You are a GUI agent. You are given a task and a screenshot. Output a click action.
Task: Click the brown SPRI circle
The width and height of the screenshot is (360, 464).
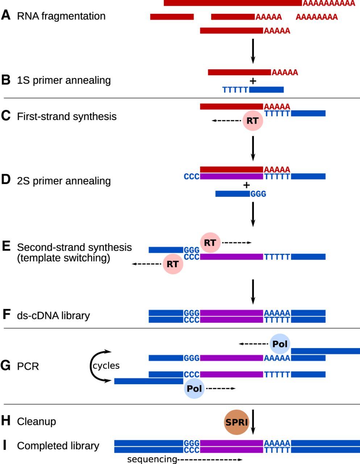coord(236,422)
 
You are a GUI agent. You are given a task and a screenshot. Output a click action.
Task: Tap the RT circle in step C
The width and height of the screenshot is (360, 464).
coord(252,121)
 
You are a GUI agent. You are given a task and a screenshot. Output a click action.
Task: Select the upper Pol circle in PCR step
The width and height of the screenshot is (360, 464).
coord(280,344)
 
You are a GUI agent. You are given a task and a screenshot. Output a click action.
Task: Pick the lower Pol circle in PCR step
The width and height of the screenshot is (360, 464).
coord(194,389)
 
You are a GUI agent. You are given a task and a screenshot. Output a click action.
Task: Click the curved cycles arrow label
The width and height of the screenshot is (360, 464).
coord(106,365)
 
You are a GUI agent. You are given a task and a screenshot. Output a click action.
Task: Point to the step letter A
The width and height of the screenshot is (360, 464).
coord(6,16)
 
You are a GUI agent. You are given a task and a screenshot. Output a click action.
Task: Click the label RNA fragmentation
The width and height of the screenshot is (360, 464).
coord(61,16)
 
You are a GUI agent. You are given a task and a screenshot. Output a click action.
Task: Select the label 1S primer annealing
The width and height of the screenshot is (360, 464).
coord(64,80)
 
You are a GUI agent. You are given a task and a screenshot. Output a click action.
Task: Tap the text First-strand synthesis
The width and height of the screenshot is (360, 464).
coord(67,116)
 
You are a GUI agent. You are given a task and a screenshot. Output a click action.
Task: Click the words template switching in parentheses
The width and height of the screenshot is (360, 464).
coord(63,258)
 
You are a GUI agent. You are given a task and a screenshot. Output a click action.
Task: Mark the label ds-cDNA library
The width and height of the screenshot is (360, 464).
coord(53,315)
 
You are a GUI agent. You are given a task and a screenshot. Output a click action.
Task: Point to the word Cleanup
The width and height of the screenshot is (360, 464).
coord(36,422)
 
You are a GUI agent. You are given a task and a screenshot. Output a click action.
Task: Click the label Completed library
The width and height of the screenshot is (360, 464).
coord(58,446)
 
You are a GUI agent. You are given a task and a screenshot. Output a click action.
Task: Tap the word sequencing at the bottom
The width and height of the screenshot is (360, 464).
coord(152,460)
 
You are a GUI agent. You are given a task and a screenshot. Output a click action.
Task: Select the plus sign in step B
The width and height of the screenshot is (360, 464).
coord(253,81)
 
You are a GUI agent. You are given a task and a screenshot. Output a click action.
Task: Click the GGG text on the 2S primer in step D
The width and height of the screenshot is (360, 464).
coord(258,194)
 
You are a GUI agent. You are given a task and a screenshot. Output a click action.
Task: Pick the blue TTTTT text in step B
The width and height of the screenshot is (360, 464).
coord(235,90)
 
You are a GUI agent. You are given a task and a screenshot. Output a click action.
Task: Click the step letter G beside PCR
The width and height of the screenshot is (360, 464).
coord(6,366)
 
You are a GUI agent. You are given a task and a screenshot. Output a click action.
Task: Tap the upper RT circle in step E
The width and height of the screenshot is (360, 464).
coord(210,243)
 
